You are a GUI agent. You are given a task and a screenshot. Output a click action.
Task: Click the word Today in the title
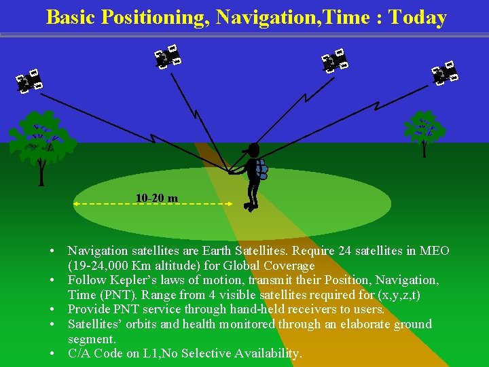point(417,17)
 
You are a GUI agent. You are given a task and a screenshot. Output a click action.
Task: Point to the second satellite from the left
point(167,57)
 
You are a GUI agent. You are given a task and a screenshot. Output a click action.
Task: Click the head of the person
point(253,150)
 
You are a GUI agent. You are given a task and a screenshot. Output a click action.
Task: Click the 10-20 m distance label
point(157,198)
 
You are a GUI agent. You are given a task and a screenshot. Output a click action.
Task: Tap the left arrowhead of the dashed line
point(76,203)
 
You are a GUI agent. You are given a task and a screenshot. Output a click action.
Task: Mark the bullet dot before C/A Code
point(52,354)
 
